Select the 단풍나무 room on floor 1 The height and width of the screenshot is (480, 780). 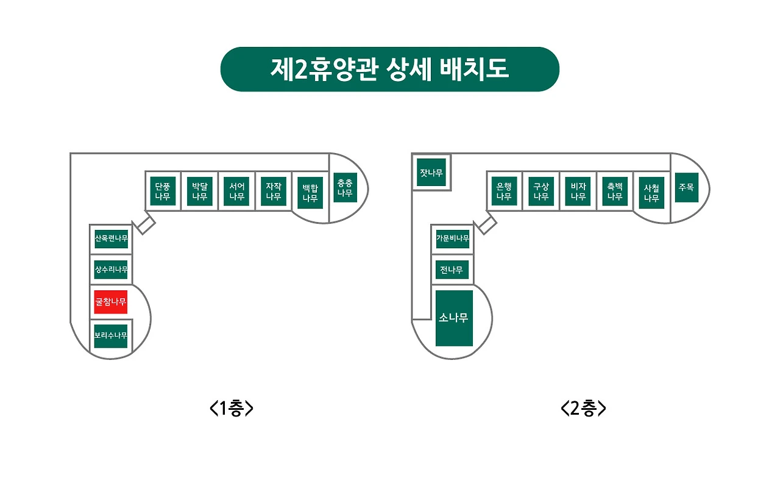[163, 191]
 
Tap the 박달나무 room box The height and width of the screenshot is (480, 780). [200, 191]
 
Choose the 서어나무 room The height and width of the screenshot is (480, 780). [236, 191]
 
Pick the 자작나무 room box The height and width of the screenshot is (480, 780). [273, 191]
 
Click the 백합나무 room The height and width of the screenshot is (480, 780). [310, 193]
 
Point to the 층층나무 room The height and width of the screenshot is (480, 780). [346, 188]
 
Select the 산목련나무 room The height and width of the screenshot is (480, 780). [111, 238]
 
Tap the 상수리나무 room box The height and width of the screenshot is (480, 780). [111, 269]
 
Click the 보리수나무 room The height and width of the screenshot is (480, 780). [111, 335]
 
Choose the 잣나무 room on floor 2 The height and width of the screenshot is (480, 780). [431, 173]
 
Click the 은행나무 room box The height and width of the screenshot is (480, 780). [504, 191]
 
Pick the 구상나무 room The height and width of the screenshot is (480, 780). [541, 191]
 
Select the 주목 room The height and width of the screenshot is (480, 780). [686, 188]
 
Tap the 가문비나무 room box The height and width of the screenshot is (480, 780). [452, 238]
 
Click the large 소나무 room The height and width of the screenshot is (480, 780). [454, 318]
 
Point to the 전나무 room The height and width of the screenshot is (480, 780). [452, 269]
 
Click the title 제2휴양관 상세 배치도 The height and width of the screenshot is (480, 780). [389, 69]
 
